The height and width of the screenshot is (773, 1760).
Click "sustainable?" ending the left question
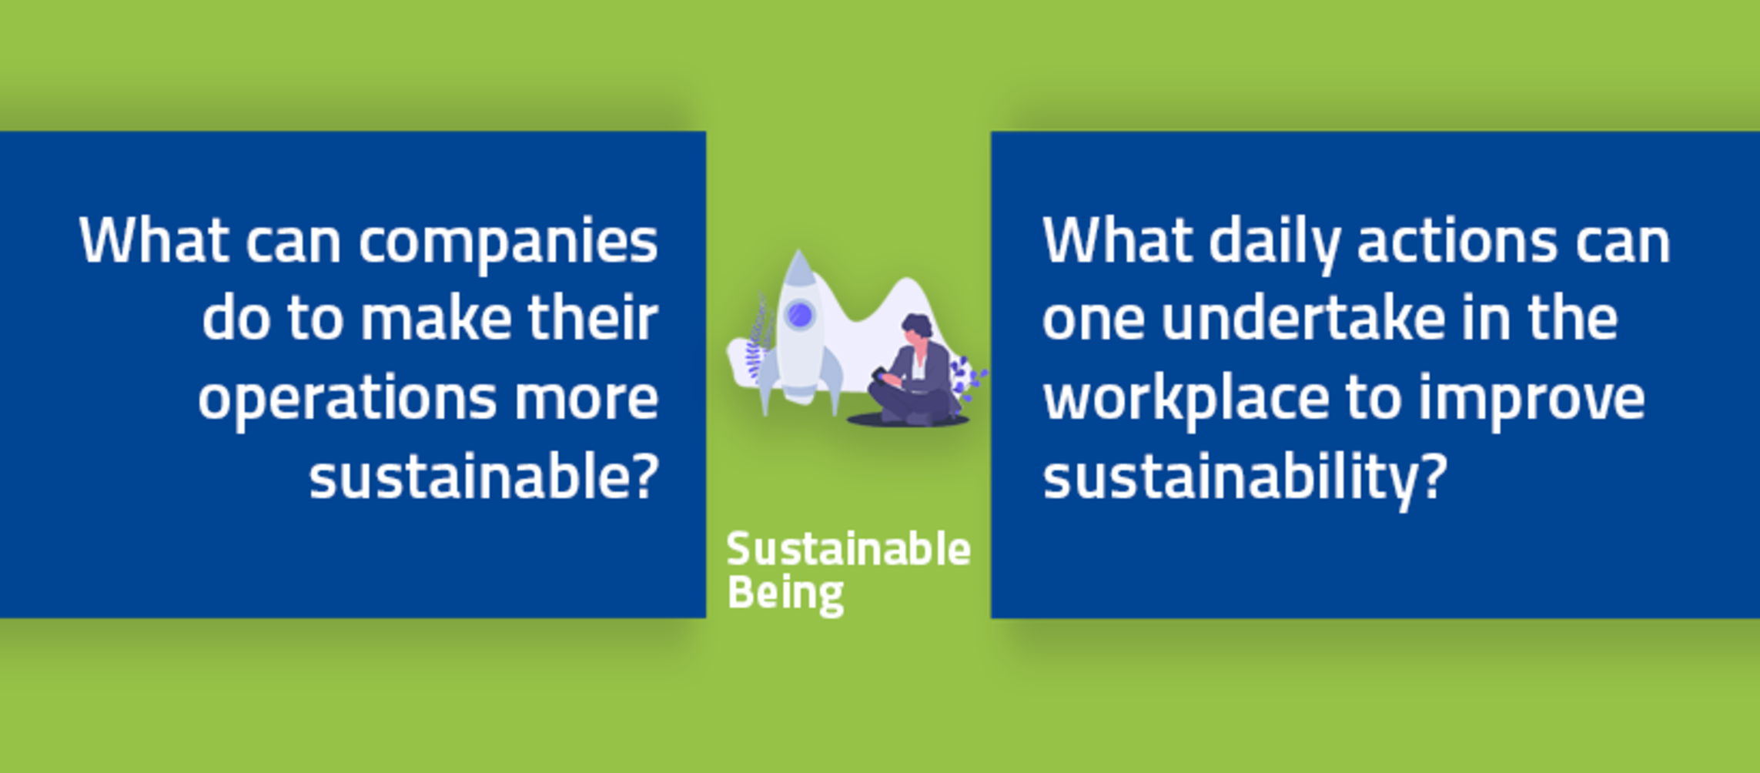pos(484,476)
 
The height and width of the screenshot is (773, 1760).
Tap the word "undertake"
pos(1303,317)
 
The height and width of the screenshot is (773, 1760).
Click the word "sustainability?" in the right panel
pos(1245,477)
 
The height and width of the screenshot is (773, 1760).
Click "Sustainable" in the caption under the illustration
pos(848,550)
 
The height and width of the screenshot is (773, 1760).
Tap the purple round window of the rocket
pos(800,315)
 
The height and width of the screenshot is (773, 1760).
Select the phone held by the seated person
pos(878,374)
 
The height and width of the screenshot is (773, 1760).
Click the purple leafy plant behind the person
pos(968,377)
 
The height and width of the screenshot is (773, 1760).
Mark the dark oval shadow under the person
pos(908,420)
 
